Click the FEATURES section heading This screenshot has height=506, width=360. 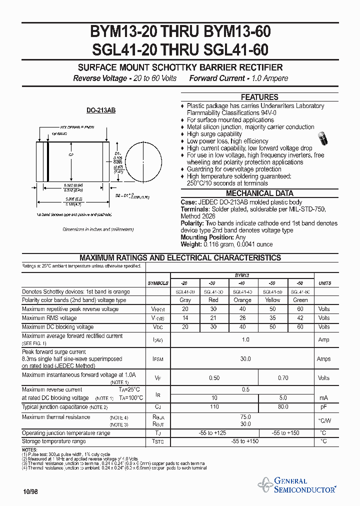(x=259, y=97)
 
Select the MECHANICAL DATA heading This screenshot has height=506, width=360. (x=259, y=193)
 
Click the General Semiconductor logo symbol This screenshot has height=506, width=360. (x=265, y=484)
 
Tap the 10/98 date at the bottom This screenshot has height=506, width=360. (x=30, y=491)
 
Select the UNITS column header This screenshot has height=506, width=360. (x=324, y=283)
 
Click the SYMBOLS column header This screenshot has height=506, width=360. (x=158, y=283)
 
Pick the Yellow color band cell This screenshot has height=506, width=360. (x=272, y=300)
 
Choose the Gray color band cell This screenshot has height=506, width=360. (x=185, y=300)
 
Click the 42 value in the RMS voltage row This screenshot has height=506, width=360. (x=300, y=318)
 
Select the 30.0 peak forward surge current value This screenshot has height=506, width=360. (x=245, y=358)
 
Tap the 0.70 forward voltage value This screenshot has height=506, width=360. (x=283, y=378)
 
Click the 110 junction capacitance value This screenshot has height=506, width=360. (x=214, y=407)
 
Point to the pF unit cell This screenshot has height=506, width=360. (x=323, y=407)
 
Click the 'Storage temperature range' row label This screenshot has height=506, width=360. (x=54, y=441)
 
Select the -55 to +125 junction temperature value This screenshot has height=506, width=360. (x=214, y=433)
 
